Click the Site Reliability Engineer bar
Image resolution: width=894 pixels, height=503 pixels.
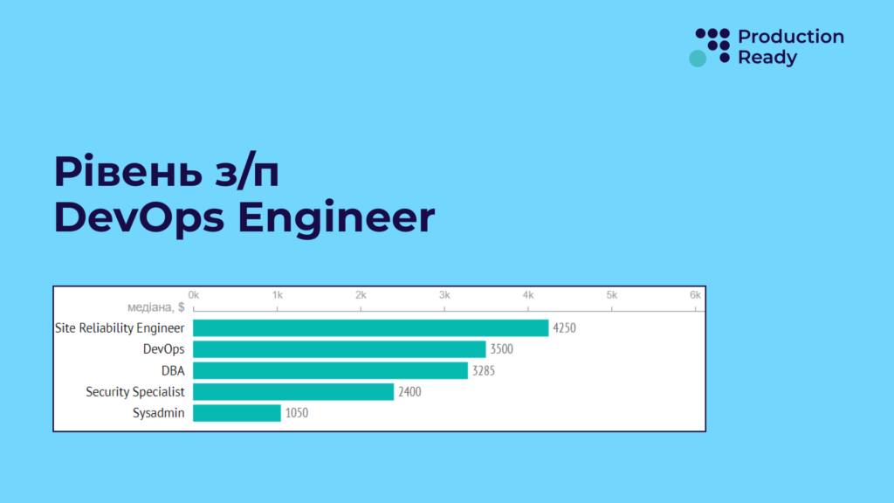point(370,328)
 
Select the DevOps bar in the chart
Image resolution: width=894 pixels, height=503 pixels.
point(339,349)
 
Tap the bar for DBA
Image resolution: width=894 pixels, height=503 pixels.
point(330,371)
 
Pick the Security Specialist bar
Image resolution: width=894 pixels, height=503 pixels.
point(293,392)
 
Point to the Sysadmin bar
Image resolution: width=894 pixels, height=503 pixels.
point(237,413)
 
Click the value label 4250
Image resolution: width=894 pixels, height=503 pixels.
point(565,328)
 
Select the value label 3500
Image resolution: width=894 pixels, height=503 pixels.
point(502,349)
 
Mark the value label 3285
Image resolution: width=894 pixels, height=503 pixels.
point(484,371)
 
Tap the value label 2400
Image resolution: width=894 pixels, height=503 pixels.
point(409,392)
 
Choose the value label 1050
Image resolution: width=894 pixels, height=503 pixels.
point(296,413)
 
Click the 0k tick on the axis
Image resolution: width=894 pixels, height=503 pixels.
point(194,295)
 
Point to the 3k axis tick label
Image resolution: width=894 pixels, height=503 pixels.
point(444,295)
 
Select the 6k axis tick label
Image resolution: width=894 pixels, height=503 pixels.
point(695,295)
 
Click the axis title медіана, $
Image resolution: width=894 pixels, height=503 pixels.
point(155,307)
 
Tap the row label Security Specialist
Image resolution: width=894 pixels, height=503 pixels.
point(135,392)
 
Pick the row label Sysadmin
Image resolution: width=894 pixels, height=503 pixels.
point(159,413)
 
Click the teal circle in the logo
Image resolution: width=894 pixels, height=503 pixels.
point(698,59)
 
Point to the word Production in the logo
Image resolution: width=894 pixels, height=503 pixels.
point(791,37)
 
